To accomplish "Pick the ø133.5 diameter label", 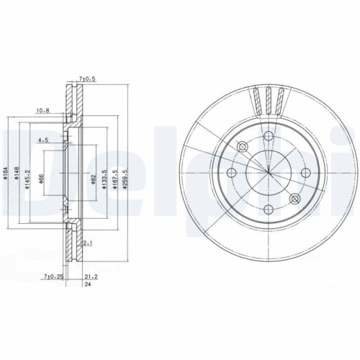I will (105, 181).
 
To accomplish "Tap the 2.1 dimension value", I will (86, 244).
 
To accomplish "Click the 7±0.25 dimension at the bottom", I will (53, 275).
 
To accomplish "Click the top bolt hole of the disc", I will (269, 137).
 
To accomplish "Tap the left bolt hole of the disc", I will (233, 173).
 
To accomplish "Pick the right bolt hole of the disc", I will (305, 173).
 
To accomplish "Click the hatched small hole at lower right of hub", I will (294, 198).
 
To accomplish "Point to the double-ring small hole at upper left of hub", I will (243, 147).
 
